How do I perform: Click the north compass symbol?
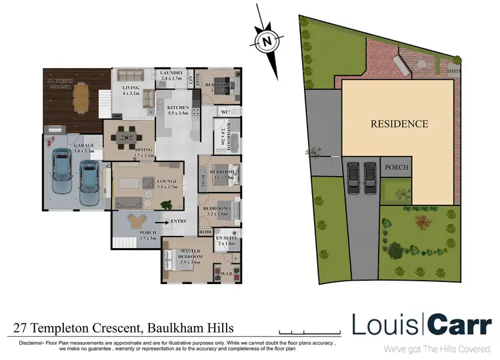267,40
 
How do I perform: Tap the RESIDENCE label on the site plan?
399,123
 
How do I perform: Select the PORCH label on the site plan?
398,167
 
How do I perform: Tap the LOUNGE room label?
166,181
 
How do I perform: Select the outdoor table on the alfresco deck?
80,99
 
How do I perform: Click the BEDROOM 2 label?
221,171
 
